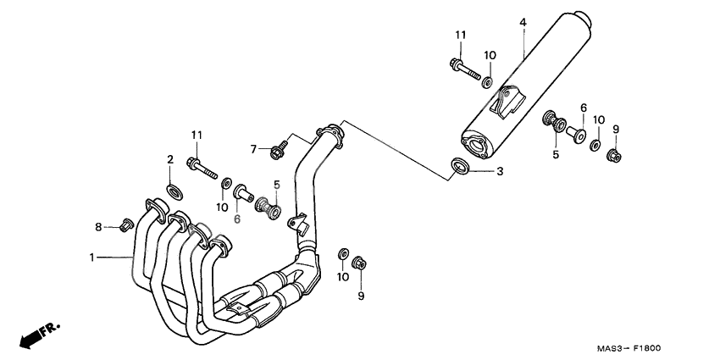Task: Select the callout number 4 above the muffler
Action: [523, 21]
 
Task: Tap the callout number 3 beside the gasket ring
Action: [500, 171]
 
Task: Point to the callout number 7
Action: [252, 149]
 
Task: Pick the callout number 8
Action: [98, 226]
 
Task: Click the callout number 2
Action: [169, 159]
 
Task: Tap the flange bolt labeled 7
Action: [277, 151]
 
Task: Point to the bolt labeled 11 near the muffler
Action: [458, 68]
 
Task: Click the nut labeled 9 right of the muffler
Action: [616, 155]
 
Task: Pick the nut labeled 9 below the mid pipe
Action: [359, 263]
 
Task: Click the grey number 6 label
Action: [237, 219]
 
